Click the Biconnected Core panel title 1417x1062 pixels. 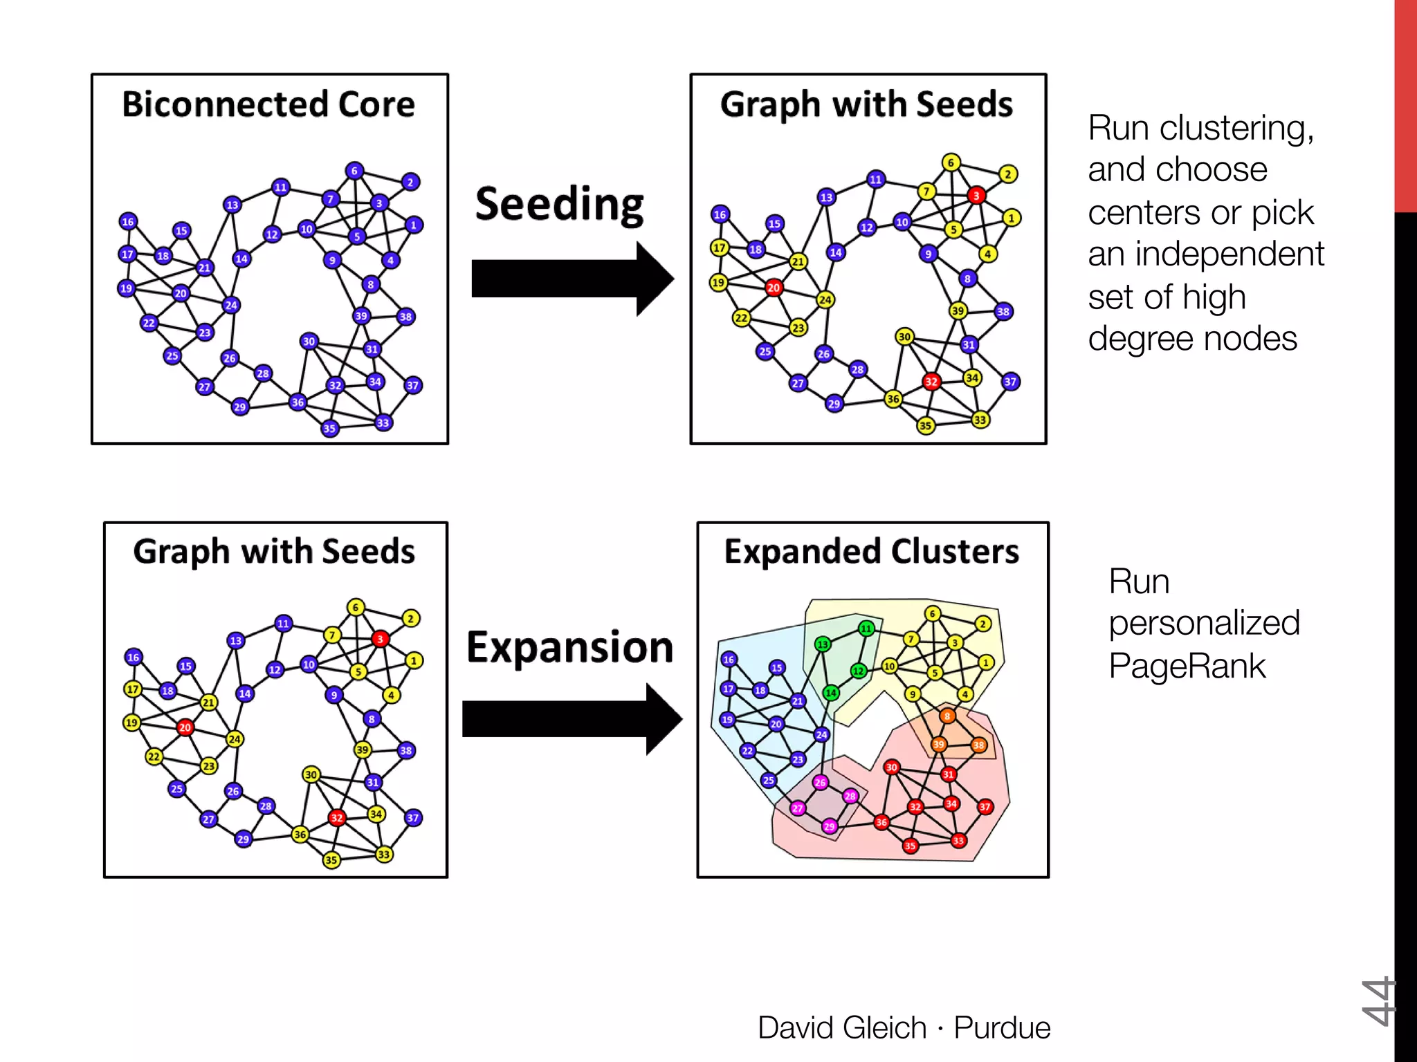point(268,105)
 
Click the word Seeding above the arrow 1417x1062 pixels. point(559,205)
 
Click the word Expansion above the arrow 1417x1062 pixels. point(569,648)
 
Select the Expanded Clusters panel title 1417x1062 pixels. point(871,552)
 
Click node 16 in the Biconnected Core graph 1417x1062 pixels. point(127,221)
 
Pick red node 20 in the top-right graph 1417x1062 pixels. point(774,288)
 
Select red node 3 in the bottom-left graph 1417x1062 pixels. point(379,639)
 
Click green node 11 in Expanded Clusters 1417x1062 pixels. point(866,628)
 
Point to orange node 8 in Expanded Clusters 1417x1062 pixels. point(947,716)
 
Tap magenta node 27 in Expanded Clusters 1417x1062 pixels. point(798,808)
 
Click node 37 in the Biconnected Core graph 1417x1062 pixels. point(412,385)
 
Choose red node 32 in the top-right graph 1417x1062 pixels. point(931,382)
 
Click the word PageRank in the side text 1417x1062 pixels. point(1187,667)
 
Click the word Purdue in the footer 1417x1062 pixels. point(1002,1027)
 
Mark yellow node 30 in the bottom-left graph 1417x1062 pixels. point(311,774)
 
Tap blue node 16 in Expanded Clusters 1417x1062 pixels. point(729,660)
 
